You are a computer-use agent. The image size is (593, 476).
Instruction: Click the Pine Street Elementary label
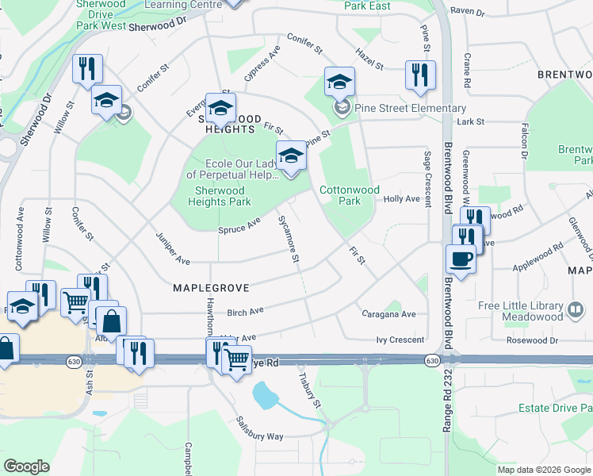pyautogui.click(x=410, y=108)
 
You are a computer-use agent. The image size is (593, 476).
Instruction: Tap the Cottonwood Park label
pyautogui.click(x=350, y=195)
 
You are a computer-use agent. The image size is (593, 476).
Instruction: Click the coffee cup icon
pyautogui.click(x=461, y=259)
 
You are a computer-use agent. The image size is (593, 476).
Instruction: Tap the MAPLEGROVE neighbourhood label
pyautogui.click(x=211, y=288)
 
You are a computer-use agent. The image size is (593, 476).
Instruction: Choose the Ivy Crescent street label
pyautogui.click(x=401, y=340)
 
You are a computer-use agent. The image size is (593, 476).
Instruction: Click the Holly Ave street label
pyautogui.click(x=401, y=199)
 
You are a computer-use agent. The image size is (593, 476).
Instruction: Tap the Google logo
pyautogui.click(x=27, y=466)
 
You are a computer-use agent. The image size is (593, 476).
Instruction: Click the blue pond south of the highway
pyautogui.click(x=264, y=393)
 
